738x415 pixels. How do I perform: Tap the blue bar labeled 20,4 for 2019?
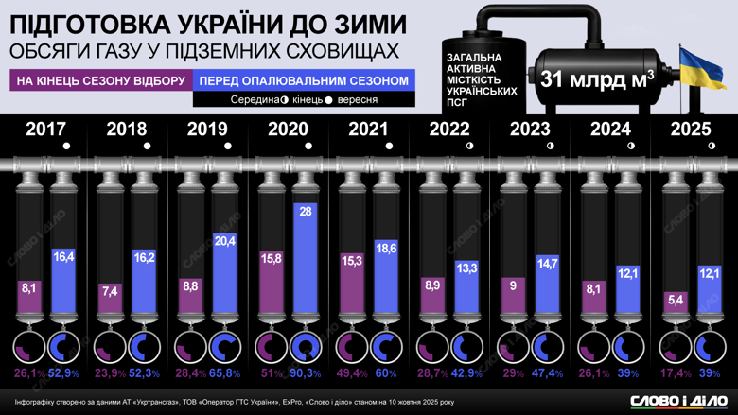click(225, 273)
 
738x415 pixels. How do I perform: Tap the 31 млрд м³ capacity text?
click(597, 80)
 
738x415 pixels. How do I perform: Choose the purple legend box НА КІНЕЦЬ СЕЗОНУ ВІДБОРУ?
click(100, 81)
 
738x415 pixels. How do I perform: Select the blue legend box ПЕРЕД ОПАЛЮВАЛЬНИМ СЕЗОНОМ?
click(304, 81)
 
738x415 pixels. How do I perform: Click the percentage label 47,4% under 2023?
click(547, 374)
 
